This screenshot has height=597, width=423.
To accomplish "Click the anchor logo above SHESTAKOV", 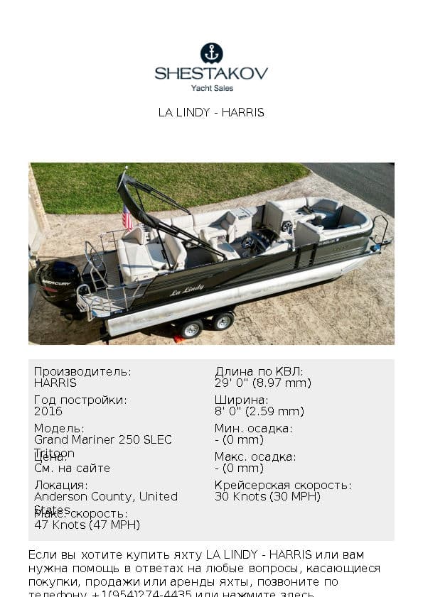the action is coord(211,53).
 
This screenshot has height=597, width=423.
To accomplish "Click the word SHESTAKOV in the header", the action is coord(211,73).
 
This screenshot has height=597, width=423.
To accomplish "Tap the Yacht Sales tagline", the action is coord(212,88).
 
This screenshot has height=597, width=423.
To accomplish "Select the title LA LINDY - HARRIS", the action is coord(211,112).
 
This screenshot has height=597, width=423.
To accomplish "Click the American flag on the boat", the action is coord(127,218).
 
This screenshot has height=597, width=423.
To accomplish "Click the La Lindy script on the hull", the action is coord(187,290).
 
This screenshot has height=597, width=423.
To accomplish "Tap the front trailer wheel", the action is coord(223,321).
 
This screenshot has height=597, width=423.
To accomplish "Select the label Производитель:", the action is coord(82,371).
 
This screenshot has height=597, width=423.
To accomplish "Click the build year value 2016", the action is coord(48,411).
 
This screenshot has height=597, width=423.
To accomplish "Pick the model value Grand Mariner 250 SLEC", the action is coord(103,439).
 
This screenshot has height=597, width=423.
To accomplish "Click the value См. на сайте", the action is coord(72,468).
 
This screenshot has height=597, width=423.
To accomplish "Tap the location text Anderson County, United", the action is coord(106,496).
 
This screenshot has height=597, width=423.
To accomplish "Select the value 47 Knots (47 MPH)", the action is coord(87,525).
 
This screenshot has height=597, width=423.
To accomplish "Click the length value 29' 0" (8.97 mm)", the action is coord(263,383).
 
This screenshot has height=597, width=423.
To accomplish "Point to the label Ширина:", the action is coord(242,400).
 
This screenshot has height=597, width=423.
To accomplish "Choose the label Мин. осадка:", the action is coord(254,428).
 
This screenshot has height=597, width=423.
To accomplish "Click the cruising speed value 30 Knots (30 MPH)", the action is coord(267,496).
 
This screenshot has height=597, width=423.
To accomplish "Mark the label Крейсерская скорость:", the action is coord(283,485).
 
